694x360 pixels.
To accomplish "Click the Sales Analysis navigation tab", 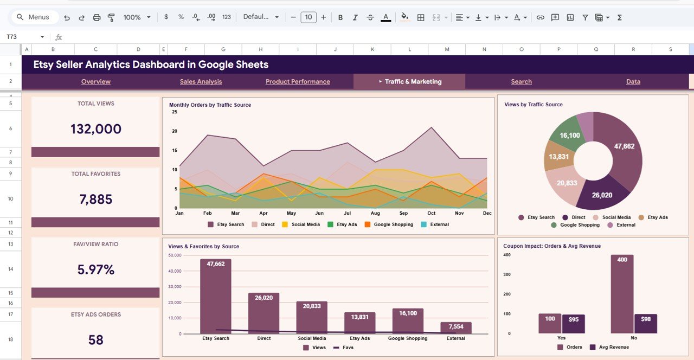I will tap(201, 82).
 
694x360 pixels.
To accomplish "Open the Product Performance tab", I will tap(298, 82).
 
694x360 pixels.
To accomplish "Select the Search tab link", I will tap(521, 82).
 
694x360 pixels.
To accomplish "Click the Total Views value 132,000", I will tap(96, 129).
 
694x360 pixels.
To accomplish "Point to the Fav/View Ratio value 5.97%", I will tap(96, 269).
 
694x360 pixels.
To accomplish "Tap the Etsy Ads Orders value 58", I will tap(96, 340).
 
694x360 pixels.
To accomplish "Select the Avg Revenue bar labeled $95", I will tap(574, 324).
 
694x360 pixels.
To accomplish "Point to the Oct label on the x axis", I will tap(431, 213).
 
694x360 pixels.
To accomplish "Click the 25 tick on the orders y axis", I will tap(175, 112).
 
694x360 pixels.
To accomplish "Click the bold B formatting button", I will tap(340, 17).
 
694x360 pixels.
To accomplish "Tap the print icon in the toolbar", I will tap(97, 17).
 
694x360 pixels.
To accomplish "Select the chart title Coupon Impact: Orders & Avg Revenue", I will tap(551, 246).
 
